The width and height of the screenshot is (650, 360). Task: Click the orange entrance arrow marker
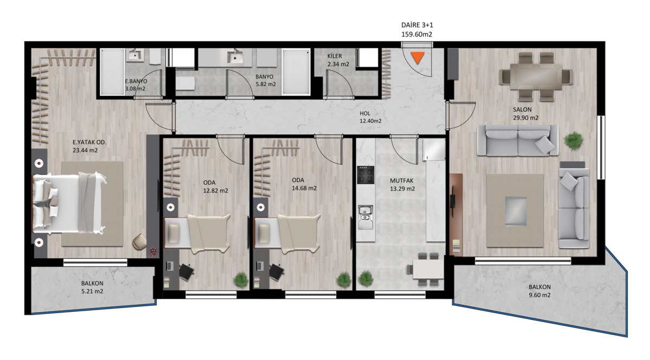pos(418,57)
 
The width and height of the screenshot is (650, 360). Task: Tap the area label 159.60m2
pos(417,35)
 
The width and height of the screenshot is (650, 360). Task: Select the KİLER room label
pos(335,56)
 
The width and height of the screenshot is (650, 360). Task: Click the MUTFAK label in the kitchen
pos(401,180)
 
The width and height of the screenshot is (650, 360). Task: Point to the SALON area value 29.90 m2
pos(525,118)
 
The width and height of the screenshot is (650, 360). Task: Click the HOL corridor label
pos(365,114)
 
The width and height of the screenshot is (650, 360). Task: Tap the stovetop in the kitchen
pos(366,175)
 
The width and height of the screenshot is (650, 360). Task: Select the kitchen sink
pos(365,217)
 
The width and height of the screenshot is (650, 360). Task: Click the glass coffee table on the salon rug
pos(516,211)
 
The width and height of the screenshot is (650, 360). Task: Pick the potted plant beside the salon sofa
pos(574,141)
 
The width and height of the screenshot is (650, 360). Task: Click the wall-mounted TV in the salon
pos(452,201)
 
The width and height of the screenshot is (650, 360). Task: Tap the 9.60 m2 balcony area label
pos(539,295)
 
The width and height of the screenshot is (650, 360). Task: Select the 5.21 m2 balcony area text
pos(92,291)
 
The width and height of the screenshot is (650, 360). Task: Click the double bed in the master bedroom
pos(68,203)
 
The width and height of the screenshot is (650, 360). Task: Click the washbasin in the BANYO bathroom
pos(235,56)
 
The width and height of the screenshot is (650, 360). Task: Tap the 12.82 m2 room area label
pos(216,191)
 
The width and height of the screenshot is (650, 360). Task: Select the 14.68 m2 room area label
pos(304,188)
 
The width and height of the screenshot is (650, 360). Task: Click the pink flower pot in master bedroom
pos(153,252)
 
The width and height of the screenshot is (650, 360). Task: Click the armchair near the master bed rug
pos(140,241)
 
